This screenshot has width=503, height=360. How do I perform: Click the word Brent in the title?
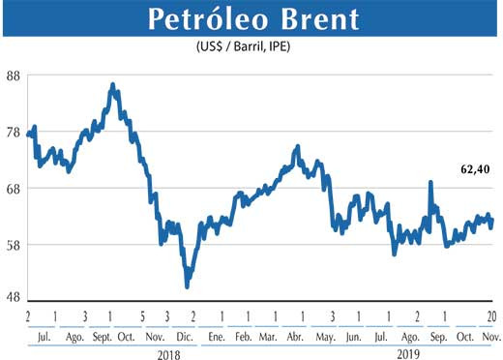click(315, 18)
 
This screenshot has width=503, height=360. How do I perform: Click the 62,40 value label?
click(474, 169)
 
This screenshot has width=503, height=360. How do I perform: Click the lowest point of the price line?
click(187, 286)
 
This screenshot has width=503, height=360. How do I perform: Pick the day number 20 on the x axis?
click(492, 316)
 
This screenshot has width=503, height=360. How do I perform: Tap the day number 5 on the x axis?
click(141, 316)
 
